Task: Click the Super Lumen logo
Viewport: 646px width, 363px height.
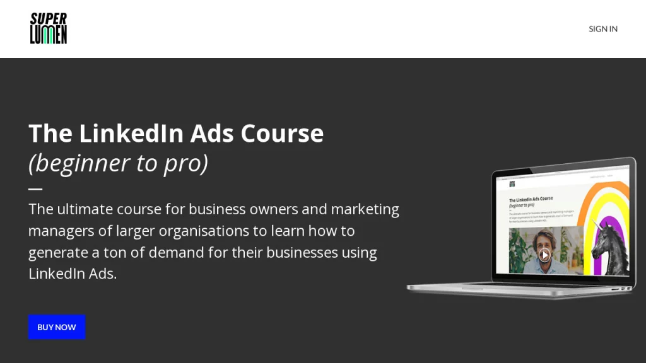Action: click(49, 28)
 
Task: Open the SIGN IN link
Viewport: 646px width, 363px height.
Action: click(602, 29)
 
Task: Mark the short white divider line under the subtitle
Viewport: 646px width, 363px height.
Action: click(35, 188)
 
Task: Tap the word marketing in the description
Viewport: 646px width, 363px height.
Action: click(365, 209)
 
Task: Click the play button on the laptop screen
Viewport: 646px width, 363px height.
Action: click(544, 255)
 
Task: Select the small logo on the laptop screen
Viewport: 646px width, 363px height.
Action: click(512, 184)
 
